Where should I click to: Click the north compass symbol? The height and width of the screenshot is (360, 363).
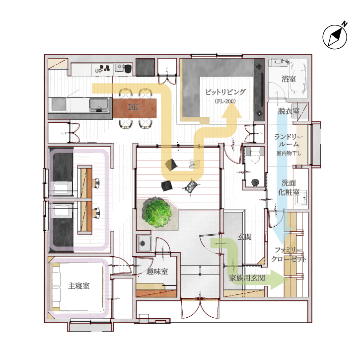tap(335, 37)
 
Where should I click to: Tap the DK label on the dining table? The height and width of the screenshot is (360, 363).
tap(133, 107)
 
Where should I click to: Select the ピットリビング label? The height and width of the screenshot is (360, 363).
tap(225, 92)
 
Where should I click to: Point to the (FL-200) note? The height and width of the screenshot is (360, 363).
tap(225, 101)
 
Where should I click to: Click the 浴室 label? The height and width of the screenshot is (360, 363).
tap(289, 79)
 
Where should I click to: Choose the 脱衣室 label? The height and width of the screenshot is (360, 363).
tap(289, 111)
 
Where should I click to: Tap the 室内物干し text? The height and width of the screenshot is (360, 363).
tap(289, 153)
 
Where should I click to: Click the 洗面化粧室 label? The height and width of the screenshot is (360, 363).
tap(289, 188)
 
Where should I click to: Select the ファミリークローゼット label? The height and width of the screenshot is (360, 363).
tap(289, 255)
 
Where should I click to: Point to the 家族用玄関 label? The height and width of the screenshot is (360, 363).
tap(247, 278)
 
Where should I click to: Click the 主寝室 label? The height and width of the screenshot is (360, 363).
tap(79, 286)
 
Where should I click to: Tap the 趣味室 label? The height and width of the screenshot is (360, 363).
tap(157, 271)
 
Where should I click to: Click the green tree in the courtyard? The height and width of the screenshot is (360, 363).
tap(158, 212)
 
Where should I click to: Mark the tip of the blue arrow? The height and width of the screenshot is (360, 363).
tap(282, 244)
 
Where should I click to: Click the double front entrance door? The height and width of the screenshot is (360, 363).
tap(200, 308)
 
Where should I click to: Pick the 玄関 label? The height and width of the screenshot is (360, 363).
tap(244, 237)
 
